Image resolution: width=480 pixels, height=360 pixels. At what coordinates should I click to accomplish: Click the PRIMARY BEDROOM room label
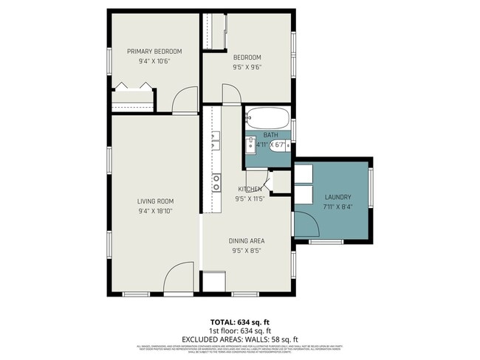[x=154, y=51]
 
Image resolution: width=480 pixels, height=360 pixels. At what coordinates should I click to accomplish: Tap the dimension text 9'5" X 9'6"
[x=247, y=67]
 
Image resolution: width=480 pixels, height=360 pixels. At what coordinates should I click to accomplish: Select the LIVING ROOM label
[x=155, y=201]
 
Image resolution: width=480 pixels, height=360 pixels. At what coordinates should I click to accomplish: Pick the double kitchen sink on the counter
[x=216, y=140]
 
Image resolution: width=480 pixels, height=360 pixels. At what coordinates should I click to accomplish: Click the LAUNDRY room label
[x=337, y=197]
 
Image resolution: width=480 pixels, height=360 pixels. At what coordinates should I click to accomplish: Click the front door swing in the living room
[x=178, y=280]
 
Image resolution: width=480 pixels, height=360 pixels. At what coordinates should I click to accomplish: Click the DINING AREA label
[x=247, y=240]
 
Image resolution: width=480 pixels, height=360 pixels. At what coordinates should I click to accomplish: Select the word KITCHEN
[x=249, y=189]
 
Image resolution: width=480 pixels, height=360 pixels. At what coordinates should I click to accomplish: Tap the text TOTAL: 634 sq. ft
[x=240, y=322]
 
